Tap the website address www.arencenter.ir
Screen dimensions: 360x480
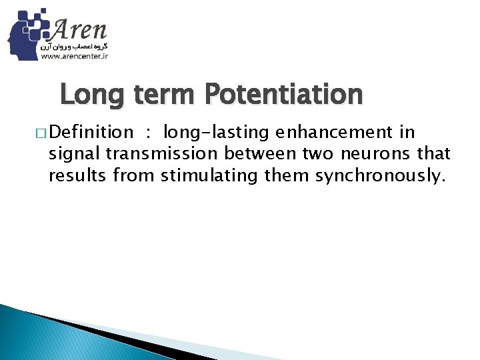[75, 57]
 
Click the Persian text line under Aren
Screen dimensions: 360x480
[75, 47]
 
